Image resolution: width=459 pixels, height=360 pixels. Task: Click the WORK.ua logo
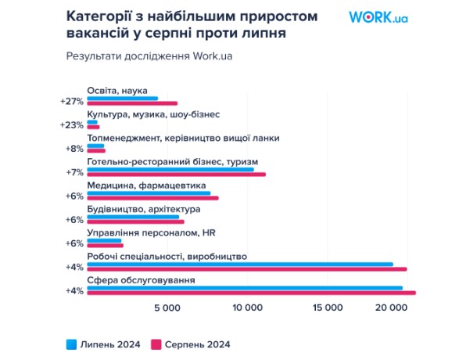click(378, 17)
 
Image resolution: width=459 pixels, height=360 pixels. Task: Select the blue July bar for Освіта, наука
click(123, 99)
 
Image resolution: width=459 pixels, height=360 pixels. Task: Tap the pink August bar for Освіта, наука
click(132, 103)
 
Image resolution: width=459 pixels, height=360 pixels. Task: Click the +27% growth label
click(72, 102)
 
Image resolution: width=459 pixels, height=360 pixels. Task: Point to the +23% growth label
click(72, 125)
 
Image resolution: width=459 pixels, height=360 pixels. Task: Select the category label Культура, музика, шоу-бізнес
click(153, 114)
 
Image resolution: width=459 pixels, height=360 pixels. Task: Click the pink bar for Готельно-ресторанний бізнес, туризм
click(177, 175)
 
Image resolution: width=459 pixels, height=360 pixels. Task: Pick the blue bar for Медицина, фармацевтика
click(149, 193)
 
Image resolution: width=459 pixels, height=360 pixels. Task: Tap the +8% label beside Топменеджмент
click(74, 149)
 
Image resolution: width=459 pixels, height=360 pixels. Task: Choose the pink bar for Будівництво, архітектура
click(136, 221)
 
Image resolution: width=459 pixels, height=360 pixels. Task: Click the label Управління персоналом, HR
click(152, 233)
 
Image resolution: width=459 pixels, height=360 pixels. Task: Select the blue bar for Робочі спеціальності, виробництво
click(240, 265)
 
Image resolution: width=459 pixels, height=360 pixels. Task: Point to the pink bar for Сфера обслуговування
click(252, 293)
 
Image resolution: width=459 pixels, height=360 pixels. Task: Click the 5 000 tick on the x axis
click(167, 308)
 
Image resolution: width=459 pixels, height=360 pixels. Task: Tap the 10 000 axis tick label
click(248, 308)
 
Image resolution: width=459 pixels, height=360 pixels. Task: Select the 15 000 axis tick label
click(328, 308)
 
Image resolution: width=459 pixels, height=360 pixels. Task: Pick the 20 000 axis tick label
click(392, 308)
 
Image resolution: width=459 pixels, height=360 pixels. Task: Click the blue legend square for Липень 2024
click(71, 344)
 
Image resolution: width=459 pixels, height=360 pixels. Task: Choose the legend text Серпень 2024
click(198, 344)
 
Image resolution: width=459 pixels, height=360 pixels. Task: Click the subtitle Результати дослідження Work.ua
click(149, 56)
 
